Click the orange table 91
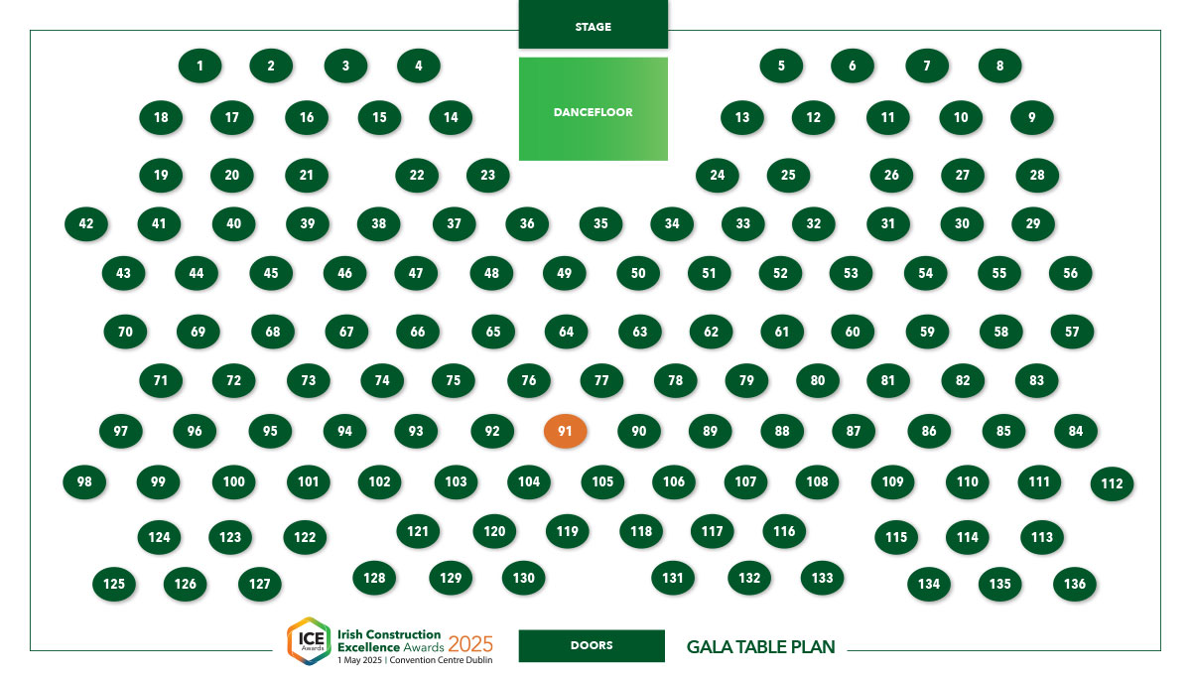coord(565,431)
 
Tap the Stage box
coord(593,25)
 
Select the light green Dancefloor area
coord(593,109)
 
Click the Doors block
coord(592,645)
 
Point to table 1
coord(199,66)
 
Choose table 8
coord(999,66)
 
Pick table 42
coord(86,223)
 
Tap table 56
coord(1070,273)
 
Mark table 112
coord(1112,483)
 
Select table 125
coord(114,584)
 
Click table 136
coord(1075,584)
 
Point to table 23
coord(487,175)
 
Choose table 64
coord(567,332)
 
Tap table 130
coord(524,578)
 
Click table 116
coord(784,531)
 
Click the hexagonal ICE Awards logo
coord(309,640)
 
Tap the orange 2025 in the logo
coord(470,644)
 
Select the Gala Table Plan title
coord(761,647)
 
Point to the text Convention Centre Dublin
coord(441,660)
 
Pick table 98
coord(84,481)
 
